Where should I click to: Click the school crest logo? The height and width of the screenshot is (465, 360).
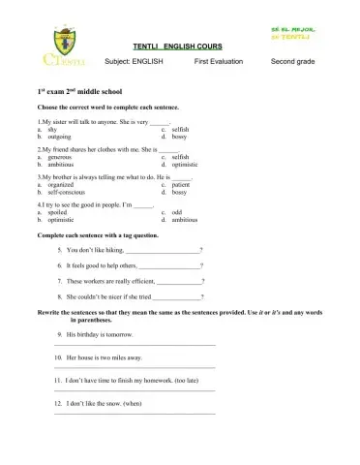tap(61, 46)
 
